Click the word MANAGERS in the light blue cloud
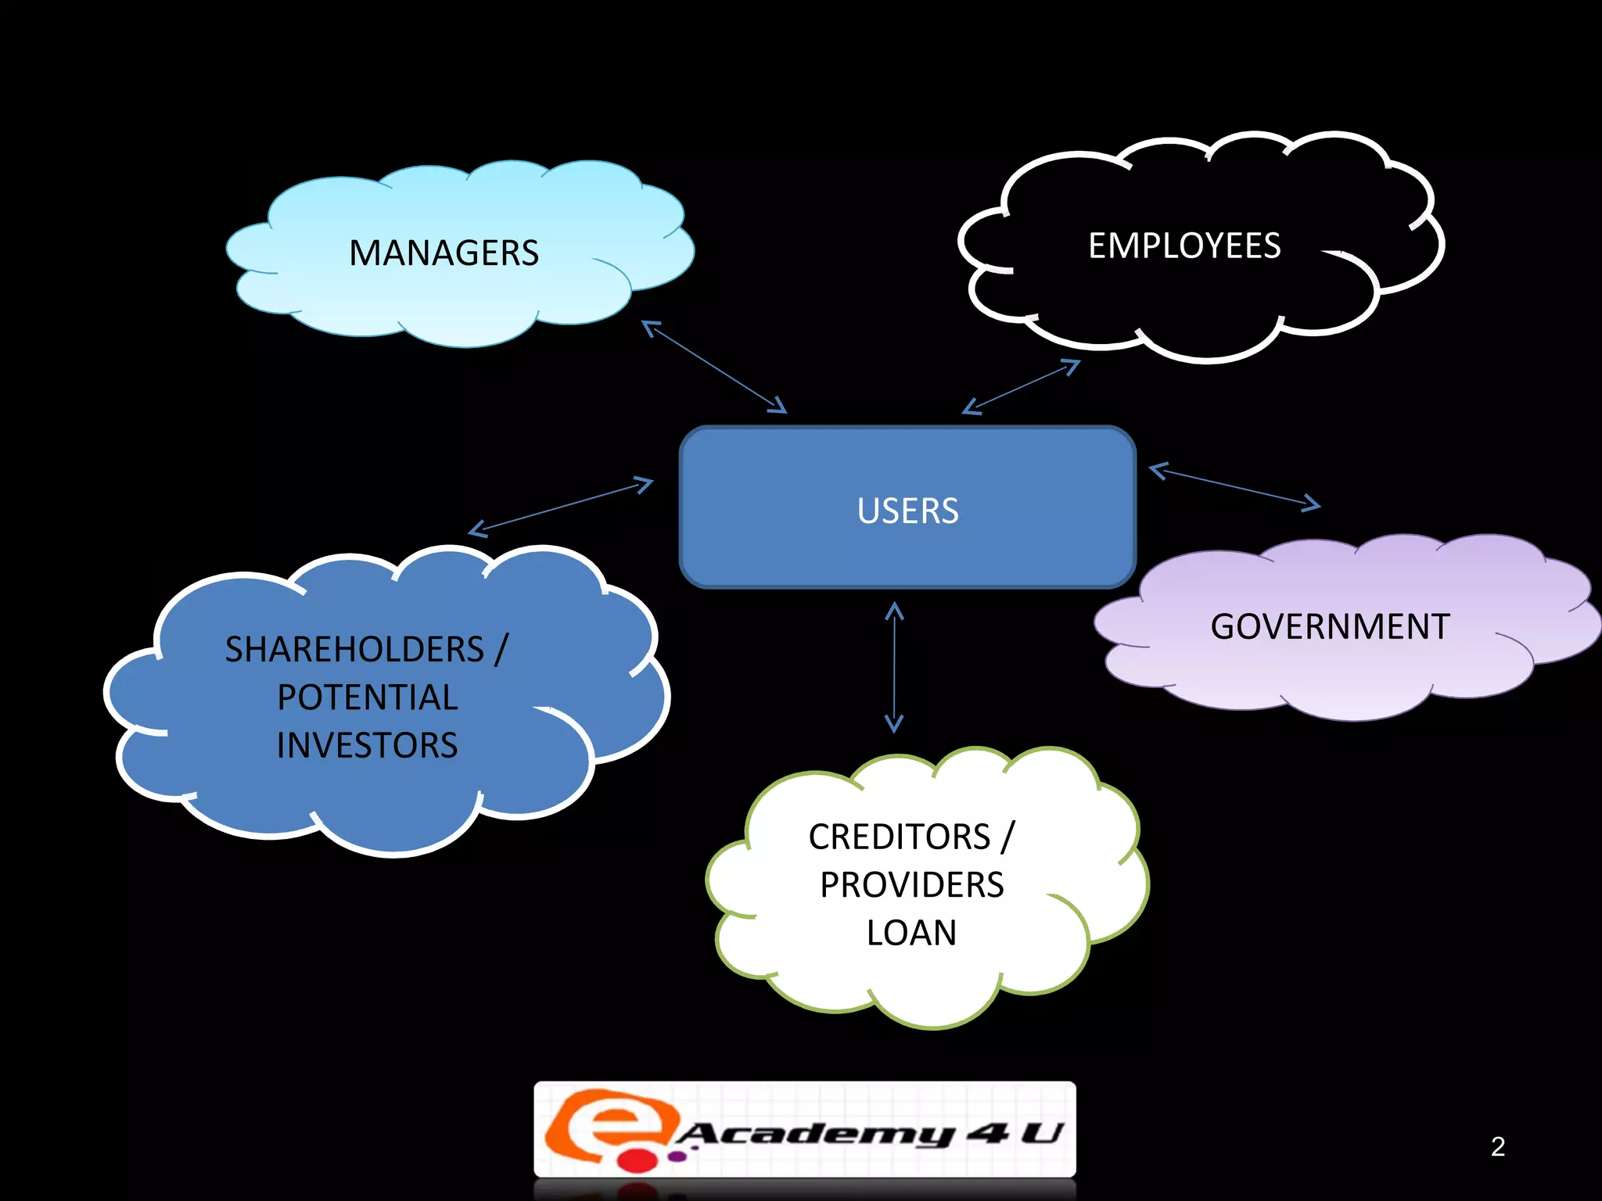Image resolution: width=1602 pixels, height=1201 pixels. click(x=444, y=253)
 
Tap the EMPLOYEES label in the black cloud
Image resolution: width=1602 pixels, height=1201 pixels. click(x=1184, y=246)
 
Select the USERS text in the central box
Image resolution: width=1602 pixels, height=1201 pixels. click(x=907, y=511)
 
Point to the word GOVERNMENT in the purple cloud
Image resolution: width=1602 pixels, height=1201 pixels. click(x=1330, y=627)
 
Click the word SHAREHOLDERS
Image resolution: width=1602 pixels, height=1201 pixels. click(x=354, y=650)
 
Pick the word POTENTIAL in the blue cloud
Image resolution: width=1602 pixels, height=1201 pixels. click(x=368, y=697)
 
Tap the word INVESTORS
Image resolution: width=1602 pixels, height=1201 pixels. click(x=367, y=745)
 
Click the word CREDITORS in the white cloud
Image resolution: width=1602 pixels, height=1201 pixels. click(x=900, y=837)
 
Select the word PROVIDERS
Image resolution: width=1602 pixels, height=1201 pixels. click(x=911, y=885)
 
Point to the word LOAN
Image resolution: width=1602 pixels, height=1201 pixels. click(x=911, y=933)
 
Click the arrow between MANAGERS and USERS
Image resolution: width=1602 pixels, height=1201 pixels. click(x=714, y=367)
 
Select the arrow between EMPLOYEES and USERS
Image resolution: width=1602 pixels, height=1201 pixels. click(x=1021, y=386)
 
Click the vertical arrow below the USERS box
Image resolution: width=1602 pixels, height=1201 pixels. click(x=894, y=667)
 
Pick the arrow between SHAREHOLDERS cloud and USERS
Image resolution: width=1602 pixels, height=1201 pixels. click(x=560, y=507)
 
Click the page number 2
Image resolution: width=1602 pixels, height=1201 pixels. click(x=1497, y=1146)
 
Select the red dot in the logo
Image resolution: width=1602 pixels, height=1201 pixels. click(x=639, y=1160)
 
